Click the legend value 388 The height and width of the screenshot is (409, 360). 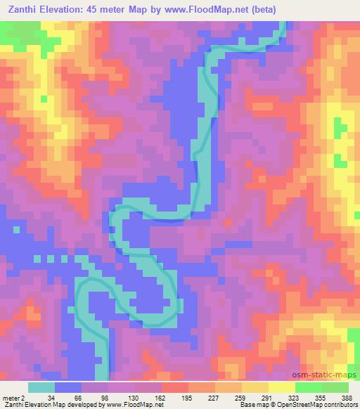click(347, 396)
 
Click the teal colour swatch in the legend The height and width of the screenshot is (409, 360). click(41, 387)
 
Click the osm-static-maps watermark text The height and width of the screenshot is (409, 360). click(330, 375)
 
